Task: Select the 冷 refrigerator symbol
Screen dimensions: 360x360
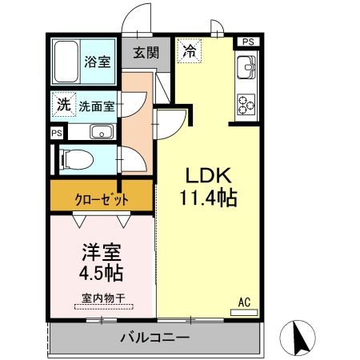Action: (x=189, y=50)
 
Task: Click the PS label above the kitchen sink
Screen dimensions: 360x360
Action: (x=248, y=42)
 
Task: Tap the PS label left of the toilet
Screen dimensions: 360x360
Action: (x=56, y=134)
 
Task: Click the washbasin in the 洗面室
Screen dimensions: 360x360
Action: (x=101, y=132)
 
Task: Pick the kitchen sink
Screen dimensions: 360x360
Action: (x=246, y=67)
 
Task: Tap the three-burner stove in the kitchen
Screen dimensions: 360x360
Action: (x=246, y=103)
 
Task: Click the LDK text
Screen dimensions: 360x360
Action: (x=208, y=175)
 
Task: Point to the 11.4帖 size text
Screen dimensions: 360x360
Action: (x=210, y=198)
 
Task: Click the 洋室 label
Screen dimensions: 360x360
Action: (x=102, y=252)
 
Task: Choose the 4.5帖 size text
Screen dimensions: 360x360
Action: (x=102, y=274)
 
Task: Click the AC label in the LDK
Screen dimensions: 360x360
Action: (x=246, y=303)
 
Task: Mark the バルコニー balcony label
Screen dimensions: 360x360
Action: (x=155, y=338)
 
